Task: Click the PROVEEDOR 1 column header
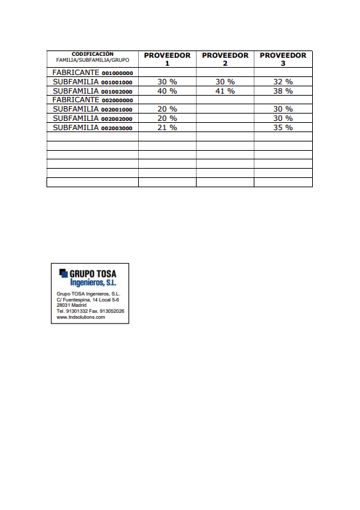(x=167, y=59)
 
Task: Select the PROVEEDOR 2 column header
(x=225, y=59)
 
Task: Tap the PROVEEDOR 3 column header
(x=283, y=59)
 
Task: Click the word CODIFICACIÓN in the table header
(x=92, y=54)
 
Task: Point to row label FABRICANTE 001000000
(x=92, y=72)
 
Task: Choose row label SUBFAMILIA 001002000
(x=92, y=91)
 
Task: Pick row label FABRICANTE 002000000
(x=92, y=100)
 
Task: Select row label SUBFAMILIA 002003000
(x=92, y=127)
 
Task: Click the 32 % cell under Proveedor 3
(x=283, y=82)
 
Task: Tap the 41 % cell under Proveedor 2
(x=225, y=91)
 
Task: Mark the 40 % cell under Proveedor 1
(x=167, y=91)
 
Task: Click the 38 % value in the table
(x=283, y=91)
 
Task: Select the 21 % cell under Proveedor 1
(x=167, y=127)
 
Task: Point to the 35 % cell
(x=283, y=127)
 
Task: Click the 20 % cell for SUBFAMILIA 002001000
(x=167, y=109)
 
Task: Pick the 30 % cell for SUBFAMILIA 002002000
(x=283, y=118)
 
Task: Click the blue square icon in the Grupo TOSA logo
(x=63, y=272)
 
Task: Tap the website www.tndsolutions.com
(x=81, y=317)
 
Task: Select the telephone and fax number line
(x=90, y=311)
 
